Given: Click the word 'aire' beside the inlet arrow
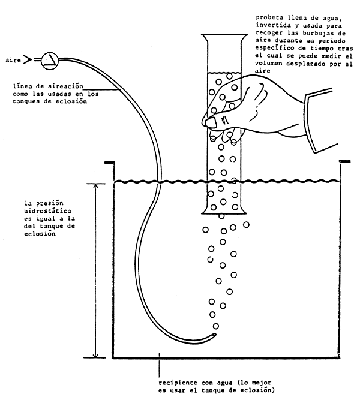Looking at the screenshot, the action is pyautogui.click(x=13, y=60).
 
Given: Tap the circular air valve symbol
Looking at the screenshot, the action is pyautogui.click(x=50, y=61).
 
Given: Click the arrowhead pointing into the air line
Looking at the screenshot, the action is pyautogui.click(x=28, y=60).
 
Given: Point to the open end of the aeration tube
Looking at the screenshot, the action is pyautogui.click(x=215, y=335).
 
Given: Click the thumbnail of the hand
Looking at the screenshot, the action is pyautogui.click(x=211, y=123).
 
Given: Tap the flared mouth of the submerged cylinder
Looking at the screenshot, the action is pyautogui.click(x=224, y=211).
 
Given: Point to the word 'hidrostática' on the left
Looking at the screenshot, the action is pyautogui.click(x=47, y=210).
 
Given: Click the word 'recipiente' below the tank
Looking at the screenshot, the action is pyautogui.click(x=178, y=383).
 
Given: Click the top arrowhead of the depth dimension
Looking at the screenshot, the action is pyautogui.click(x=95, y=186).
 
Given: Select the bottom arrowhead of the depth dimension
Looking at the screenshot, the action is pyautogui.click(x=95, y=355).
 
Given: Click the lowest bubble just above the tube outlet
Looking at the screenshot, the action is pyautogui.click(x=215, y=326).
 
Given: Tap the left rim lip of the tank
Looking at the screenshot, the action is pyautogui.click(x=109, y=162).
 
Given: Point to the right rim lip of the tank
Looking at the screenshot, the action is pyautogui.click(x=345, y=161).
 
